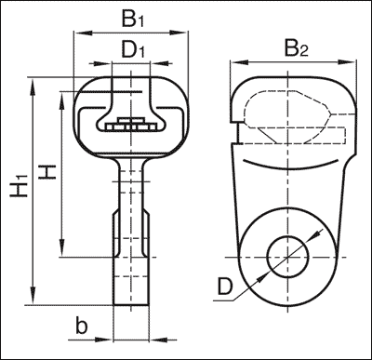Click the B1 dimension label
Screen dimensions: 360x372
133,18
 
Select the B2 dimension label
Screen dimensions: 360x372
295,49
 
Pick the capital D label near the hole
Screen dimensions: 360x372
224,288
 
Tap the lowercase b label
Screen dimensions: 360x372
81,326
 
